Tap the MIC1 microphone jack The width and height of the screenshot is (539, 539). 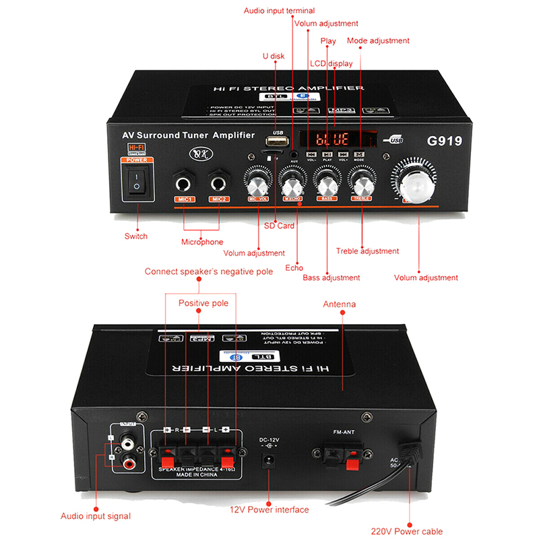[183, 182]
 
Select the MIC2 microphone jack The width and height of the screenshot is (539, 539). [218, 182]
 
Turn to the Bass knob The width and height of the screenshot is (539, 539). [327, 183]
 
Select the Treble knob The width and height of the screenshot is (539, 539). [362, 183]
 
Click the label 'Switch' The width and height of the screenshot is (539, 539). [136, 236]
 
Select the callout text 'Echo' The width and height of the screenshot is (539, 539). [294, 267]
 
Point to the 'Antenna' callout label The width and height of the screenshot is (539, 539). [339, 305]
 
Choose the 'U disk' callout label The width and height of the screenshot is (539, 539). [274, 57]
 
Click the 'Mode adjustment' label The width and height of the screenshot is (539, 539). [378, 40]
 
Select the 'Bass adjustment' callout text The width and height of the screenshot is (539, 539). [331, 278]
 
